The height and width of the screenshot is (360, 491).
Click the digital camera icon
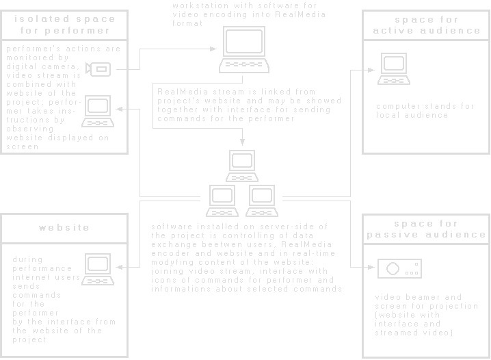coord(101,68)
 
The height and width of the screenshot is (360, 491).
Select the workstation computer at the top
coord(243,55)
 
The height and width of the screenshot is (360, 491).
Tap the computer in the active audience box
coord(395,68)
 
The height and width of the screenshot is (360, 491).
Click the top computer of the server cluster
coord(242,164)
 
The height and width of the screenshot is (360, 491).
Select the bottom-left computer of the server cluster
coord(222,201)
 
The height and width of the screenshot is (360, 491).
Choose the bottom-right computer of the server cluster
coord(261,201)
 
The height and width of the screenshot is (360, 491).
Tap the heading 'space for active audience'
coord(426,25)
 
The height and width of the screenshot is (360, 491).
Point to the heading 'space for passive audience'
coord(426,229)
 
